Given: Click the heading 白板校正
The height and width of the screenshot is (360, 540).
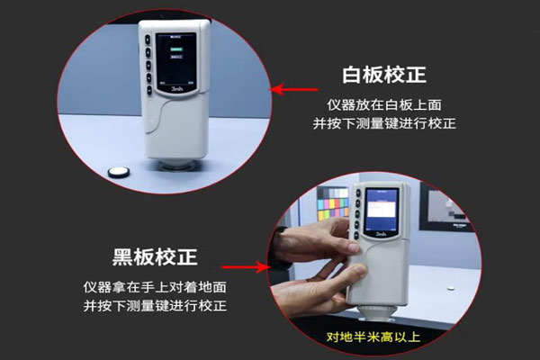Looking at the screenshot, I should click(x=382, y=75).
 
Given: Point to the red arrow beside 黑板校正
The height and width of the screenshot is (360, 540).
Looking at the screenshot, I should click(x=248, y=266).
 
